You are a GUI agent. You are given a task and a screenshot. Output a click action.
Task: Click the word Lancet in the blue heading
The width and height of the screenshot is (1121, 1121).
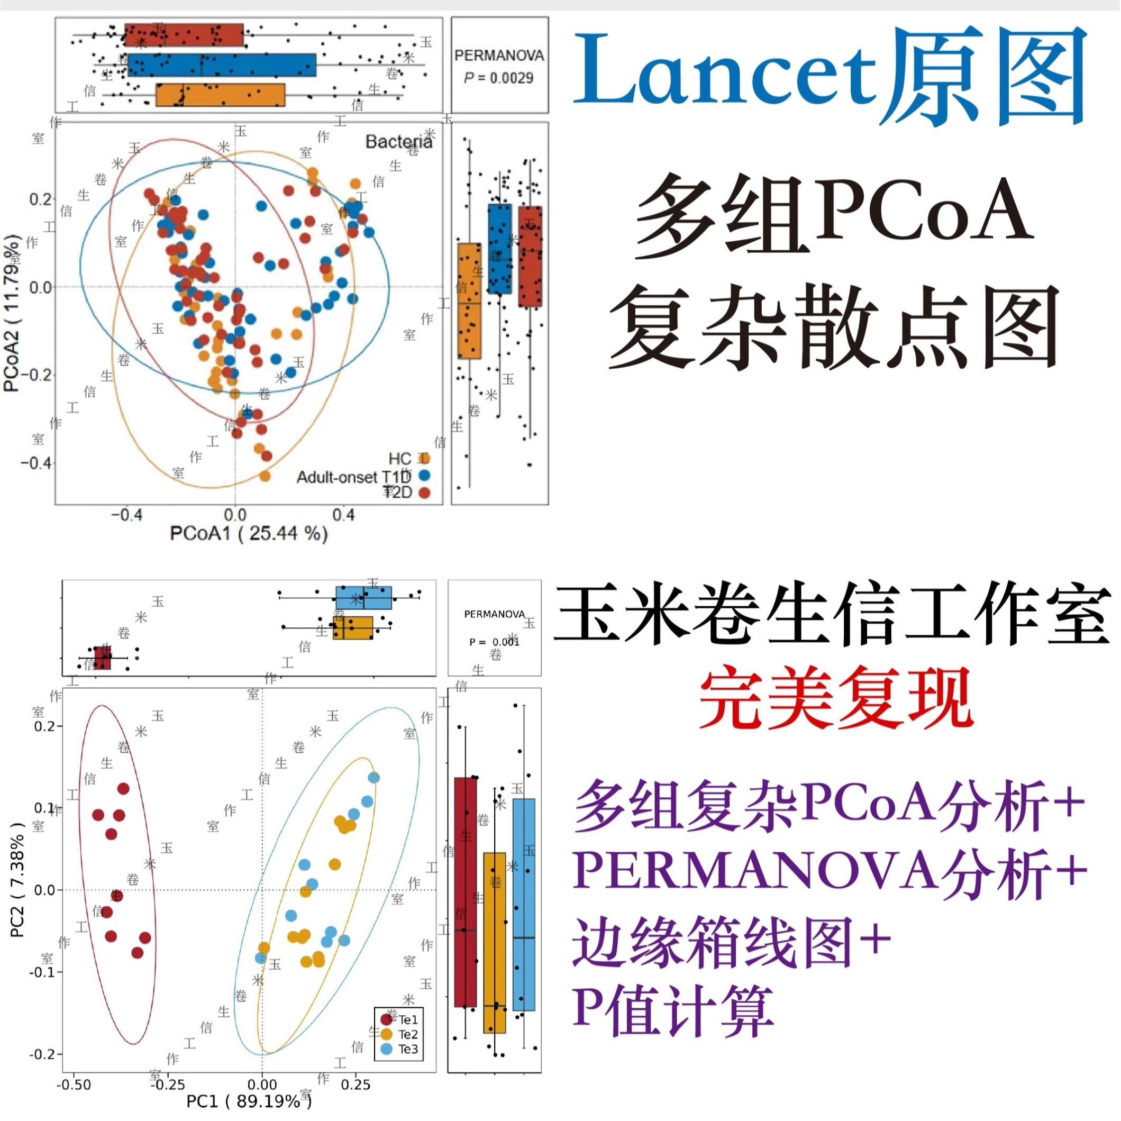pos(723,76)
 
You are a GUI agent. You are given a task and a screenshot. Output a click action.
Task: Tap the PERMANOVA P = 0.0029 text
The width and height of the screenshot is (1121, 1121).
pos(499,67)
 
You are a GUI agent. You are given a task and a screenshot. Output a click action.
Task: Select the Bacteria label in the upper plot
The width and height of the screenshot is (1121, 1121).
pos(398,142)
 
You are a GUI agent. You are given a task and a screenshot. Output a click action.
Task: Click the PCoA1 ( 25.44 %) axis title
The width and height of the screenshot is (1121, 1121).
pos(248,533)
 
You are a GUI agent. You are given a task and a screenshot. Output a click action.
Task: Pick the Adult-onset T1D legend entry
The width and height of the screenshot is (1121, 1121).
pos(354,477)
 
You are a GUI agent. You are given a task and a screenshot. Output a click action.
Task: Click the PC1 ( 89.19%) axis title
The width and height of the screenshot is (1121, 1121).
pos(248,1101)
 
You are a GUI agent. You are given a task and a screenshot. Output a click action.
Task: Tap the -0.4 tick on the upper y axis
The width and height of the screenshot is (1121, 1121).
pos(35,463)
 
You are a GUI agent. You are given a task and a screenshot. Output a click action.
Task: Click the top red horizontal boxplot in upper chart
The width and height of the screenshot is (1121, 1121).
pos(184,35)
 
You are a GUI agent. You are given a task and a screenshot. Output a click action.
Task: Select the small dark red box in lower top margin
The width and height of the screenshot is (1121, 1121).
pos(103,658)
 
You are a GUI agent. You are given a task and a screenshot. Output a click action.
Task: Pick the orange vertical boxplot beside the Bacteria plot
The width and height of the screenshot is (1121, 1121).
pos(469,300)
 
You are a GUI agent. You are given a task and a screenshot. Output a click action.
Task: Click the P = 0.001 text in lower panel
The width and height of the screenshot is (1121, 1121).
pos(494,642)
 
